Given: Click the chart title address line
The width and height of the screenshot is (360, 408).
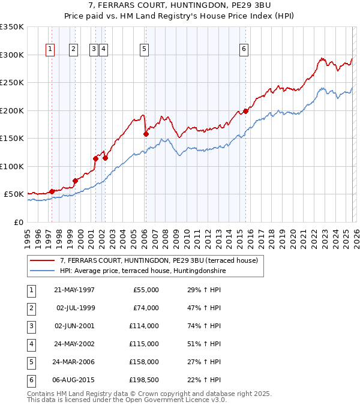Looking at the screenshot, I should tap(179, 5).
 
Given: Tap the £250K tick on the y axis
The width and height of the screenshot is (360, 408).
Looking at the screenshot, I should tap(12, 83).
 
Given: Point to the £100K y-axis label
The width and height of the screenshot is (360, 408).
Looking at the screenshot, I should tap(12, 166).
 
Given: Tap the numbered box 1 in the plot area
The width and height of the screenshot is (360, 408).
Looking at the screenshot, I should tap(50, 50).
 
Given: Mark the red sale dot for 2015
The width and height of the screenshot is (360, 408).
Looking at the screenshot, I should tap(246, 111).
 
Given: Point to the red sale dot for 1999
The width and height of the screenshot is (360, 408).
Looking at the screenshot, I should tap(75, 181).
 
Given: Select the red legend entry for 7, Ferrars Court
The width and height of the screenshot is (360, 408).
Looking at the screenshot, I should tap(158, 260).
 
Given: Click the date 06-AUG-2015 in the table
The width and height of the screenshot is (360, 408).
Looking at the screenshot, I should tap(74, 380).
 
